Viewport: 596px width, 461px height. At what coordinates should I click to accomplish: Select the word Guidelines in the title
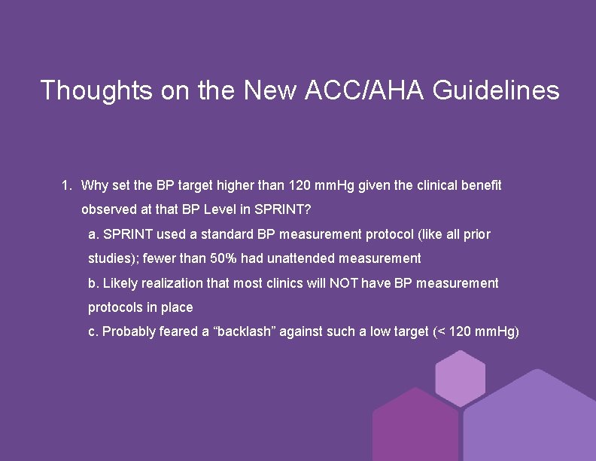496,90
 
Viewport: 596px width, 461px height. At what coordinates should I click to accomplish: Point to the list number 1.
66,185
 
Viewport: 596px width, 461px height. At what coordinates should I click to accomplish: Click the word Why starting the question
95,185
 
